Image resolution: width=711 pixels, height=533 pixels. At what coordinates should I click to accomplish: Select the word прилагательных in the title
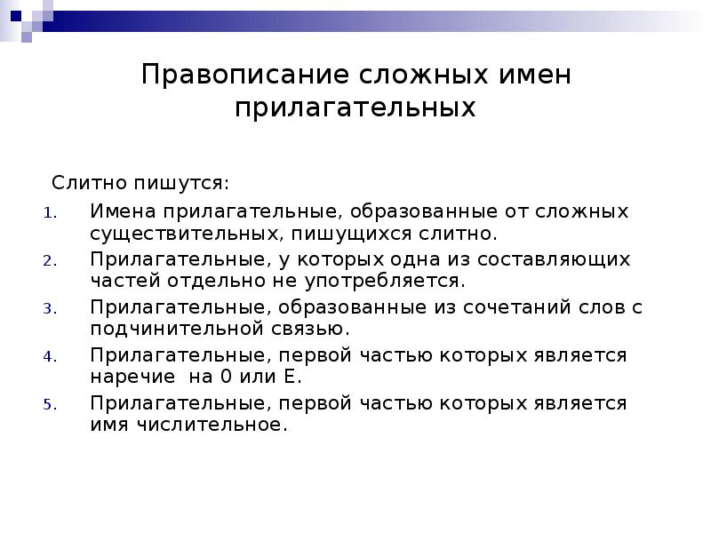coord(355,108)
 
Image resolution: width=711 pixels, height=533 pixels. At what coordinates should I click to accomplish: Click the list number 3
coord(50,308)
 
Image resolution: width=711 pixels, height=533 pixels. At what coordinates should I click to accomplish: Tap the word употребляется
coord(400,282)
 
